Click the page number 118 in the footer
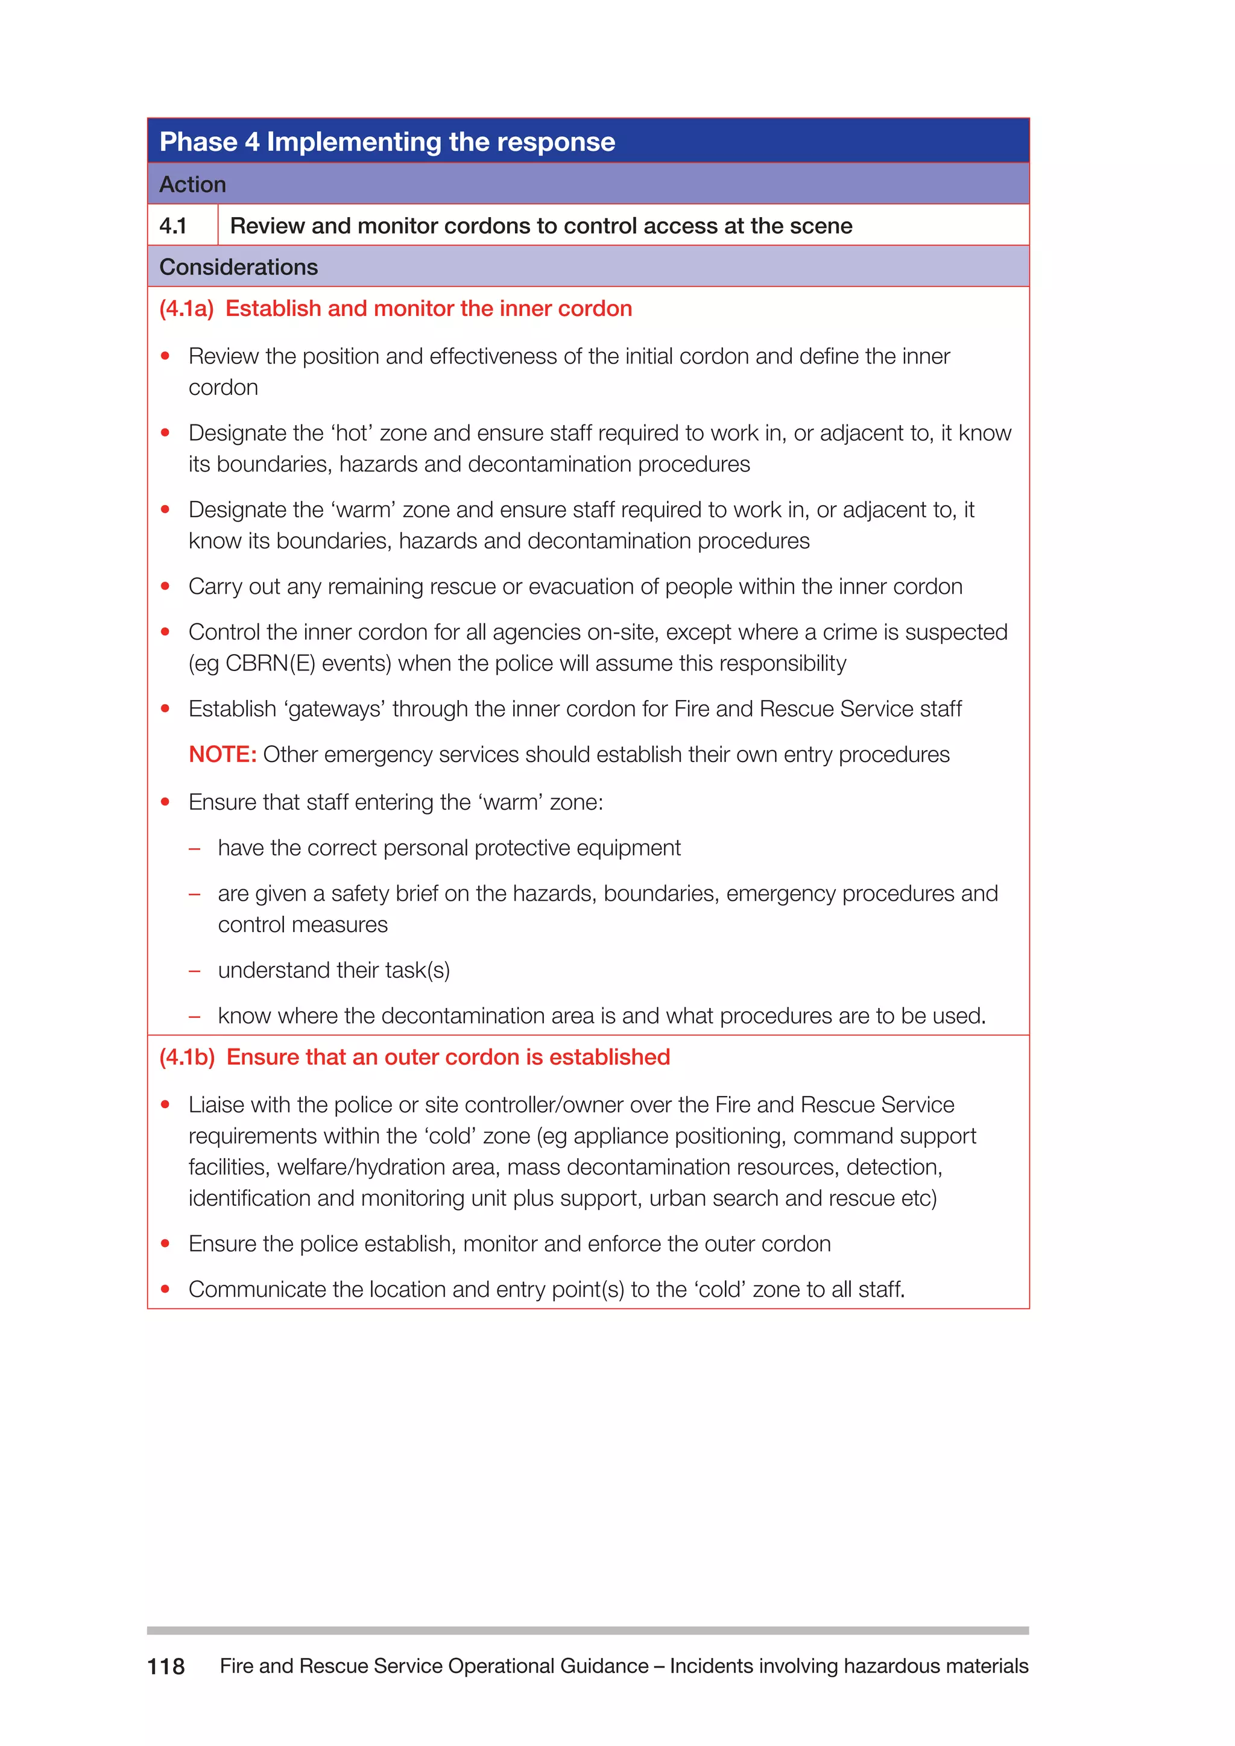pos(166,1666)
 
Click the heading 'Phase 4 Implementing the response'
pos(387,142)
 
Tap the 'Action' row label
pos(192,185)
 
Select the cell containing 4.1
pos(174,226)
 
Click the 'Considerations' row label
pos(238,267)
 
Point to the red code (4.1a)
pos(186,309)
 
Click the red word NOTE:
pos(222,754)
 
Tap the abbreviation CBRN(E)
pos(270,663)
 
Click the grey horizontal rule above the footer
pos(587,1630)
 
